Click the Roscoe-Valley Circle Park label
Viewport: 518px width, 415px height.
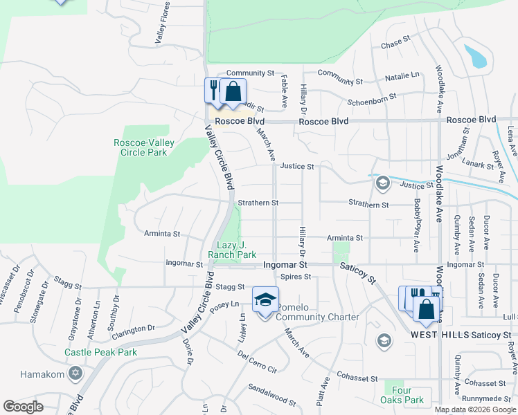(x=144, y=147)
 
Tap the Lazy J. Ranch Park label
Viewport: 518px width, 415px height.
(x=227, y=250)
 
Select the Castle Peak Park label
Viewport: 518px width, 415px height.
(x=101, y=352)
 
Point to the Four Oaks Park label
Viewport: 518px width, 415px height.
(x=402, y=395)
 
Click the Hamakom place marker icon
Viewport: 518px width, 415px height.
(x=75, y=374)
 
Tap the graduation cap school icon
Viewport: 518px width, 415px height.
(x=265, y=299)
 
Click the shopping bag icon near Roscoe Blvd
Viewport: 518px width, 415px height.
(x=234, y=92)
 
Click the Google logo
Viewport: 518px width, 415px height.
(x=23, y=407)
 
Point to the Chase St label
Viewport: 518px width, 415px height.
(x=391, y=44)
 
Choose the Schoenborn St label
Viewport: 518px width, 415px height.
(x=372, y=98)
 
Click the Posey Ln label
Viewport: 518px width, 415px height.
(x=225, y=304)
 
